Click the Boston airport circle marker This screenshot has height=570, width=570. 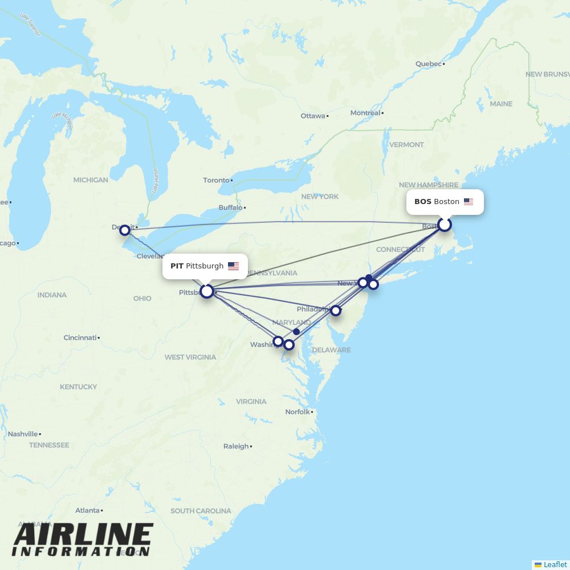[445, 225]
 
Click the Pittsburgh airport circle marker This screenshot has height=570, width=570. [207, 291]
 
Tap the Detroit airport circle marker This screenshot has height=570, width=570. [125, 230]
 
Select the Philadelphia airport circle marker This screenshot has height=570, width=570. [336, 311]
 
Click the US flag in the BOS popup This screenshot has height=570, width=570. [469, 202]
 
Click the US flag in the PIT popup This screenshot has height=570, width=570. [233, 266]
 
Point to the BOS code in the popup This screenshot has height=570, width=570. [422, 202]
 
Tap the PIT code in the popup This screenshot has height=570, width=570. [177, 266]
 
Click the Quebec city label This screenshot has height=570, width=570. [428, 64]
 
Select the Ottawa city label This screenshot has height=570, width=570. [312, 116]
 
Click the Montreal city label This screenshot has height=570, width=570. [365, 113]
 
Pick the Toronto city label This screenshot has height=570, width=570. [216, 180]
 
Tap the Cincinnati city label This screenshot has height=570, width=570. [80, 337]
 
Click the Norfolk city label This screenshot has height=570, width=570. [298, 412]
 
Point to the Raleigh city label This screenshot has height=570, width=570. [236, 446]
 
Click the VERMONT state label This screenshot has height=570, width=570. [406, 145]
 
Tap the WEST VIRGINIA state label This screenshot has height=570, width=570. [190, 357]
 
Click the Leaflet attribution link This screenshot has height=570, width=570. [555, 564]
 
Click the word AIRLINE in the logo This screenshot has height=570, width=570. [83, 535]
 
